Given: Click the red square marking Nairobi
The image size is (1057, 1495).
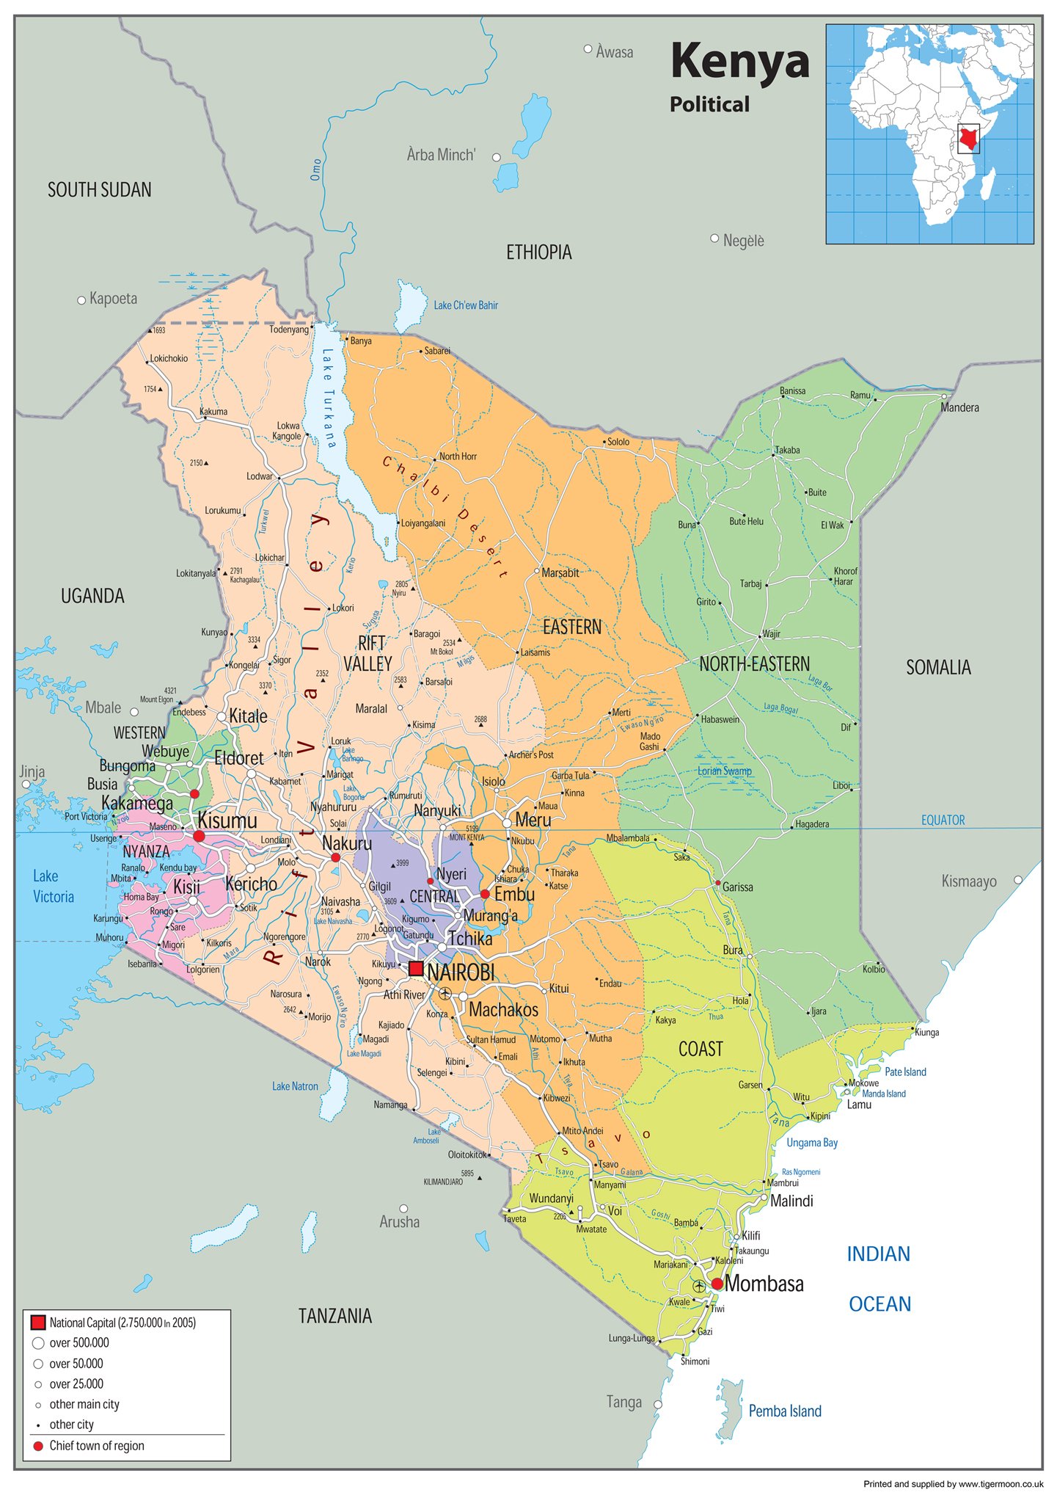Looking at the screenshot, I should (x=416, y=968).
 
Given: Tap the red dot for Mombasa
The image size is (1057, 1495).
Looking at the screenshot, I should (x=717, y=1284).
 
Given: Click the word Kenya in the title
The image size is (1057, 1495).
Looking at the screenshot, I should (x=739, y=61).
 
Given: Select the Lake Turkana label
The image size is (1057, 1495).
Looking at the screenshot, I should (x=329, y=397).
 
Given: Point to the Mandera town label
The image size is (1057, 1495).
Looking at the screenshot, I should (x=959, y=407).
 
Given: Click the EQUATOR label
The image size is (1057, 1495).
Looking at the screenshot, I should (x=943, y=820).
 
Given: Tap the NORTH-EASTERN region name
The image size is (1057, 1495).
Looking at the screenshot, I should (x=754, y=664).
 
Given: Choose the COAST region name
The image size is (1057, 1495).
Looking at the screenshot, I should (x=701, y=1049).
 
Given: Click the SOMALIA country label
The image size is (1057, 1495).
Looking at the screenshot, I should (x=938, y=667).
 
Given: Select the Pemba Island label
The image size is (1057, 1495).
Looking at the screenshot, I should (x=784, y=1411).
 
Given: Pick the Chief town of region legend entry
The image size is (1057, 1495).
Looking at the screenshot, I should (x=96, y=1446).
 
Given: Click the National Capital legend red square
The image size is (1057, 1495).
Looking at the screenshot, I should (x=38, y=1323).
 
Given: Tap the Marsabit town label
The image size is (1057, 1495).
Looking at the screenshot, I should (x=560, y=572).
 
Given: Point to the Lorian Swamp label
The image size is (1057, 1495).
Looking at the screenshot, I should (x=724, y=771).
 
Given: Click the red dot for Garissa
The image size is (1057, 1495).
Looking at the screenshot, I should (x=717, y=883).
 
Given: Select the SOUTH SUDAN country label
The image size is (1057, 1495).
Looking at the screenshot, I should (x=100, y=190).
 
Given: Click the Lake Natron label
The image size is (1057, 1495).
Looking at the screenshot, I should (x=295, y=1086).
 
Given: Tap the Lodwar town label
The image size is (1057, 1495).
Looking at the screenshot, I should (x=259, y=476).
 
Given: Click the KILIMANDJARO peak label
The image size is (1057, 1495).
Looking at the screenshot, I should (x=443, y=1182).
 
